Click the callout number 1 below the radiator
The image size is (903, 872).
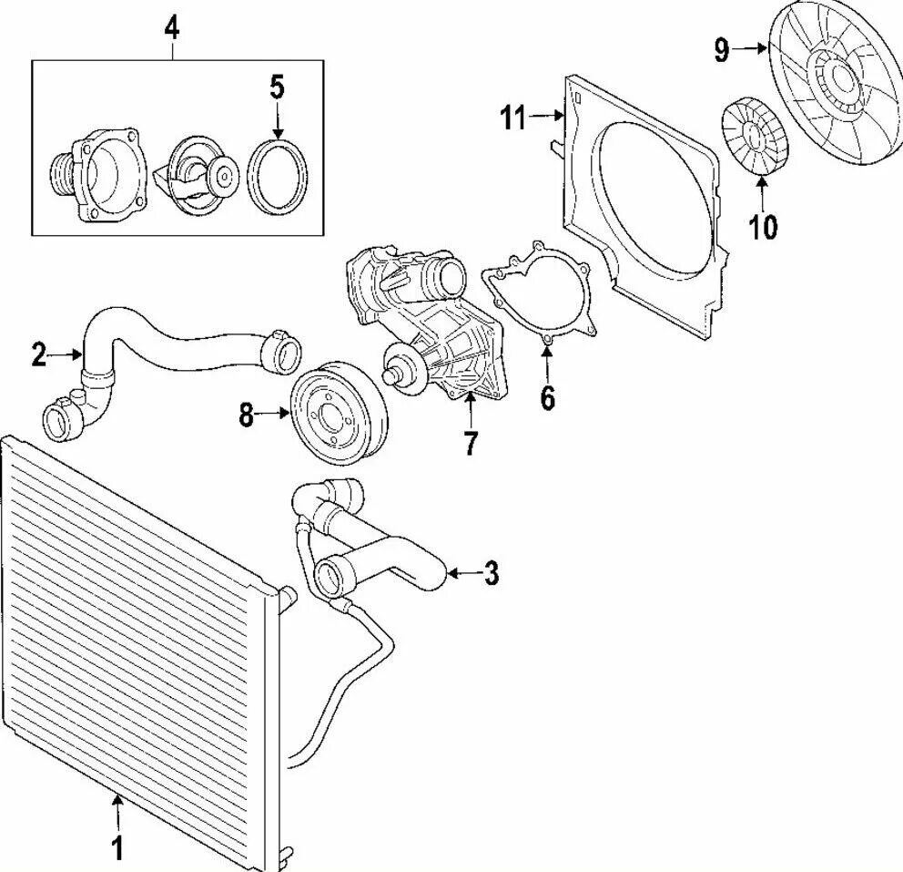(116, 848)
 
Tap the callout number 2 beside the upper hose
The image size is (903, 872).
(38, 354)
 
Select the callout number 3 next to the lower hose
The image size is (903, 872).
(491, 573)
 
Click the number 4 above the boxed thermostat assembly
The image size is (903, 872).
(171, 27)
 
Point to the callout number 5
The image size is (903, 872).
(277, 87)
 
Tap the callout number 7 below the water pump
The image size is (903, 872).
(470, 443)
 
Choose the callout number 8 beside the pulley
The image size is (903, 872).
(246, 415)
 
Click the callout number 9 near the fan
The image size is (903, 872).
(721, 50)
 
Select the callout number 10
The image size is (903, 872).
(763, 226)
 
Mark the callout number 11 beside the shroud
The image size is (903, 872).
(512, 117)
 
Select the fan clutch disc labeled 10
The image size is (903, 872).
(756, 137)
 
